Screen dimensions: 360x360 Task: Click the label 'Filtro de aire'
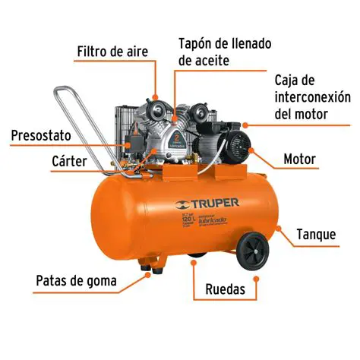pos(112,52)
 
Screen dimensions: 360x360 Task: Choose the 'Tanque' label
pos(316,234)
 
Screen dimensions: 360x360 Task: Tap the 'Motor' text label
pos(299,160)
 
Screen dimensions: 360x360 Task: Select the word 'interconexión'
pos(312,97)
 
